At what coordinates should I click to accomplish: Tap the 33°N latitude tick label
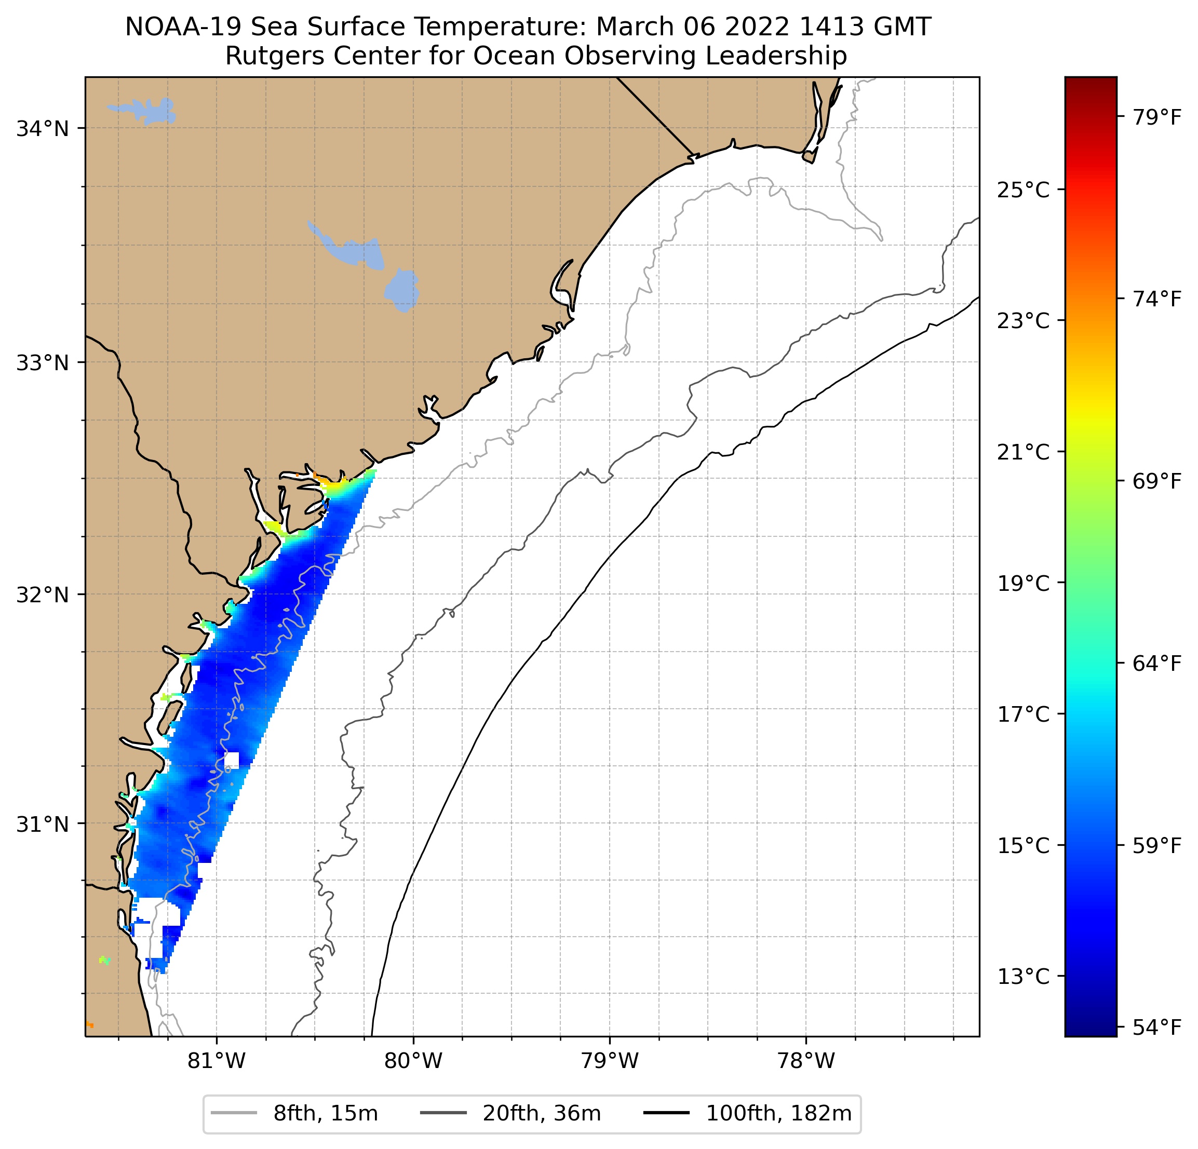click(x=42, y=363)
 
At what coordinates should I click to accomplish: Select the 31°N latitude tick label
click(x=42, y=824)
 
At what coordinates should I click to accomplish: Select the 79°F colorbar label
click(x=1157, y=117)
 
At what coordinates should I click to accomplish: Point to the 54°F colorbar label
click(x=1157, y=1028)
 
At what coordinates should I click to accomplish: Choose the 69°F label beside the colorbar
click(x=1157, y=482)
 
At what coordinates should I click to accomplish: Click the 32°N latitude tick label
click(x=42, y=594)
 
